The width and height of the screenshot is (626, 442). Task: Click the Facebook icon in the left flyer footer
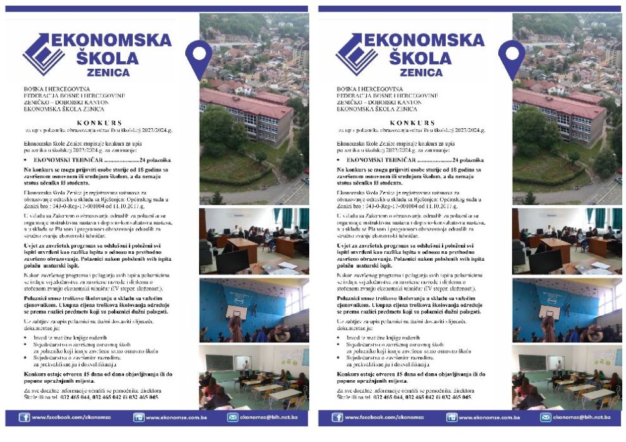pyautogui.click(x=24, y=417)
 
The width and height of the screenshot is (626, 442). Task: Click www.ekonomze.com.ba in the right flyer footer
pyautogui.click(x=490, y=418)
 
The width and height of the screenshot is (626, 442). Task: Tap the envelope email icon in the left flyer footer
pyautogui.click(x=233, y=417)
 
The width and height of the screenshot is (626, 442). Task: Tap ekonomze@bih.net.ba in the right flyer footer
pyautogui.click(x=581, y=418)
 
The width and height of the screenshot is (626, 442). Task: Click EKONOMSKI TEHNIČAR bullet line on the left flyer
pyautogui.click(x=70, y=160)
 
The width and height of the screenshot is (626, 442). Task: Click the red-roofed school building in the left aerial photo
pyautogui.click(x=247, y=114)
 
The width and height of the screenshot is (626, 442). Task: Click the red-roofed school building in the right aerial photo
pyautogui.click(x=559, y=114)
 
